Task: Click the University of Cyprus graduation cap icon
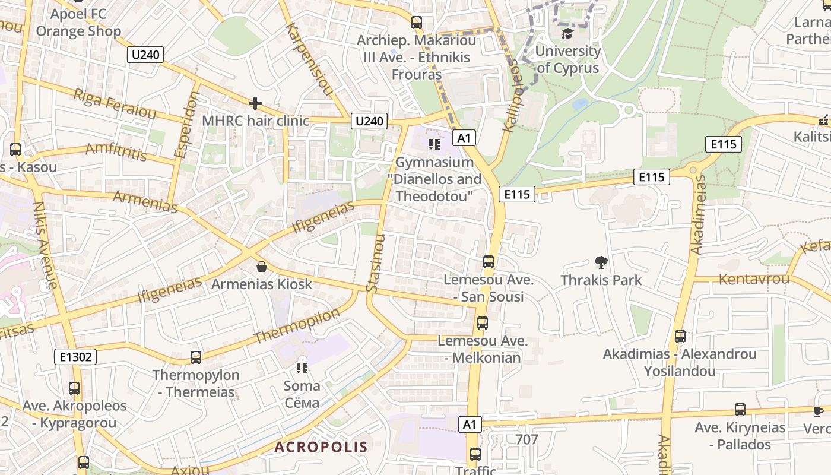[x=567, y=33]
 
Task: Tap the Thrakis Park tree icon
[x=601, y=262]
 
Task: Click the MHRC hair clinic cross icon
[x=255, y=104]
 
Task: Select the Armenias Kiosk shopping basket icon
[x=261, y=267]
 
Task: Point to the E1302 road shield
[x=75, y=357]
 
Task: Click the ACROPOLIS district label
[x=321, y=447]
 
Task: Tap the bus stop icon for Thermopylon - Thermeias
[x=195, y=357]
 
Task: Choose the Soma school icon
[x=302, y=368]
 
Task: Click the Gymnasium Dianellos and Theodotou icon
[x=434, y=144]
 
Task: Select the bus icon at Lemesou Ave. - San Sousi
[x=488, y=261]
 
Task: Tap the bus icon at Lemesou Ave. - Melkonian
[x=482, y=323]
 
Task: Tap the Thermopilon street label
[x=297, y=325]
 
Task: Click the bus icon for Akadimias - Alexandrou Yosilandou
[x=680, y=337]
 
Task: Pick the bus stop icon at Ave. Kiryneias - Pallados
[x=740, y=409]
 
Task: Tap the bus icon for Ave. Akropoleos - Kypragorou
[x=74, y=388]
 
